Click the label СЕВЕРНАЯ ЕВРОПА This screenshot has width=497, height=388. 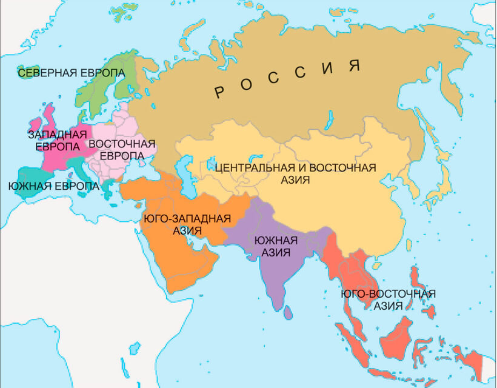pyautogui.click(x=71, y=73)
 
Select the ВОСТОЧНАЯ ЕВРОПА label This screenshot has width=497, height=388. pyautogui.click(x=118, y=150)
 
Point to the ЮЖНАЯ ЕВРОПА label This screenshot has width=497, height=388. pyautogui.click(x=53, y=186)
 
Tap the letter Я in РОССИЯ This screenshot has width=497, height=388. pyautogui.click(x=355, y=64)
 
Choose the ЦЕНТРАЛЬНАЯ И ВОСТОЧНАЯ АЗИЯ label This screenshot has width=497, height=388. pyautogui.click(x=296, y=173)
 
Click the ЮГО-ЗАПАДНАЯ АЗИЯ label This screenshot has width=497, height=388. pyautogui.click(x=187, y=225)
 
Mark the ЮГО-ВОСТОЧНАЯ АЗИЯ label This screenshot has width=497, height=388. pyautogui.click(x=389, y=300)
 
